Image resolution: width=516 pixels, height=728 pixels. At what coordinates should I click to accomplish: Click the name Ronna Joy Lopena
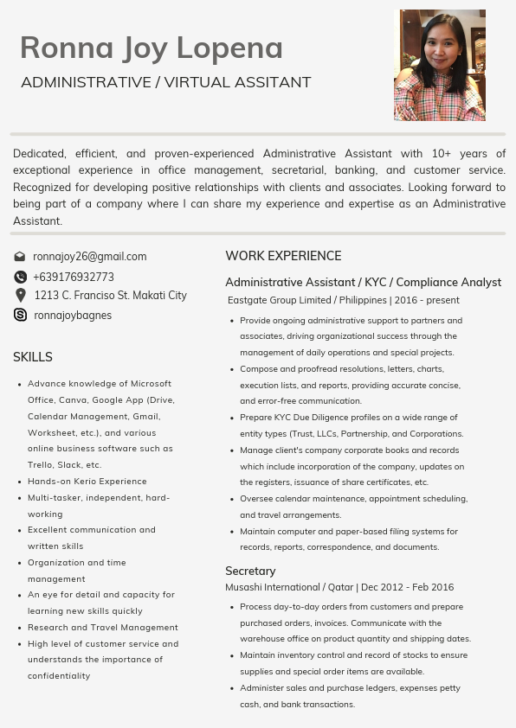[152, 48]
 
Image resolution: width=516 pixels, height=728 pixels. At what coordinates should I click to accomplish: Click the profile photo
[440, 65]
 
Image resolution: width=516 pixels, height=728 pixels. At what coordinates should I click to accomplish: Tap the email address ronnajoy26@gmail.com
[89, 257]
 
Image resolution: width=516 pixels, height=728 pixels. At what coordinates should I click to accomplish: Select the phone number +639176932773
[74, 278]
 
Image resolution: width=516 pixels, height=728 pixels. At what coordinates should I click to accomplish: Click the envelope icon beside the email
[20, 257]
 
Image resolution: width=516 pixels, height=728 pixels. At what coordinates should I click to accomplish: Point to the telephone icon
[20, 278]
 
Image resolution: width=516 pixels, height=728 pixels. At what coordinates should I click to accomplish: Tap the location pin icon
[20, 296]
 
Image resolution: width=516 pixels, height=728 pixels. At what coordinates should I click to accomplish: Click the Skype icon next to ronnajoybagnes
[20, 316]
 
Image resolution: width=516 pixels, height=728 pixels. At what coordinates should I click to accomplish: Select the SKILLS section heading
[33, 357]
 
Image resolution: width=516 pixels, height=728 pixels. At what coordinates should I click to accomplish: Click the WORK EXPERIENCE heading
[283, 256]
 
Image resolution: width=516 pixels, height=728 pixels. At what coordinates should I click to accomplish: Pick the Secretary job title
[250, 571]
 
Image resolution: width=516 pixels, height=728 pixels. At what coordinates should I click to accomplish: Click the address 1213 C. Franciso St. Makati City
[110, 296]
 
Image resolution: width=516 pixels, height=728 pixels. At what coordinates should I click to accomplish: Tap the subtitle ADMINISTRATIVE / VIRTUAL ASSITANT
[165, 83]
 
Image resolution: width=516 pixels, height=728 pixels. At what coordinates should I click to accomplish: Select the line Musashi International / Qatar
[339, 587]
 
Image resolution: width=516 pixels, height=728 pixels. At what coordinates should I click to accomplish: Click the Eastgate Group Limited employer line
[343, 300]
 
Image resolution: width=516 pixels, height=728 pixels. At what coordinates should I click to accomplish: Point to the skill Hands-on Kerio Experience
[87, 482]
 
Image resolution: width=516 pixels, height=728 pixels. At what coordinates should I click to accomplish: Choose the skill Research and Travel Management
[102, 628]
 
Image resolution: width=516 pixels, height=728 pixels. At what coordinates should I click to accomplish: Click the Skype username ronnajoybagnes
[73, 316]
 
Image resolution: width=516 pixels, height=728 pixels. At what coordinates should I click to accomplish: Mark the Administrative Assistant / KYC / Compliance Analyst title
[363, 283]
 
